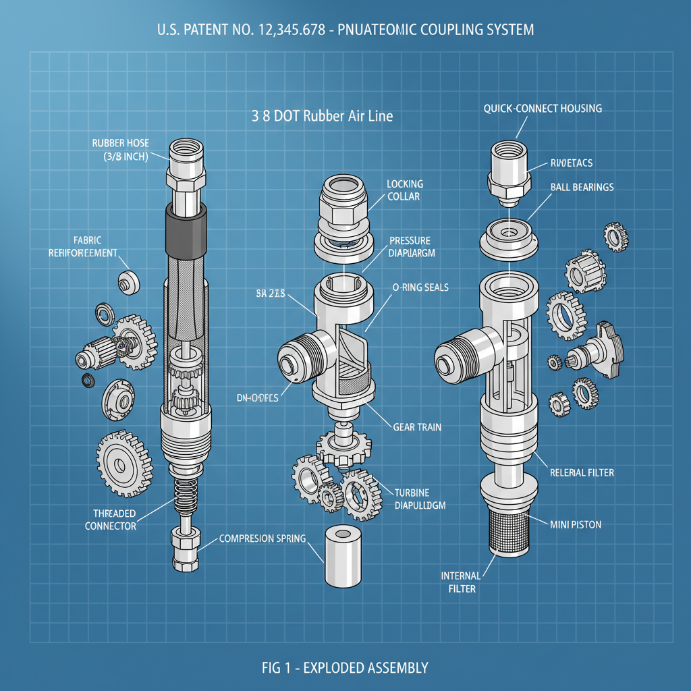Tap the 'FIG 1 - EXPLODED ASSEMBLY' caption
(345, 668)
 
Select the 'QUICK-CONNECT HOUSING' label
(543, 109)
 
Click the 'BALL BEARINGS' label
(582, 187)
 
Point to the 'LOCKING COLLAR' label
(404, 190)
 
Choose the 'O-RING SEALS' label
(420, 287)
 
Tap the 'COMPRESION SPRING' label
(262, 538)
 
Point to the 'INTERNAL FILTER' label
(461, 582)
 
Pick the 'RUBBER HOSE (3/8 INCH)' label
(121, 150)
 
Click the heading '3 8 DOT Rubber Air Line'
(322, 116)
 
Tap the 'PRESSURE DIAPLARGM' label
(410, 247)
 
